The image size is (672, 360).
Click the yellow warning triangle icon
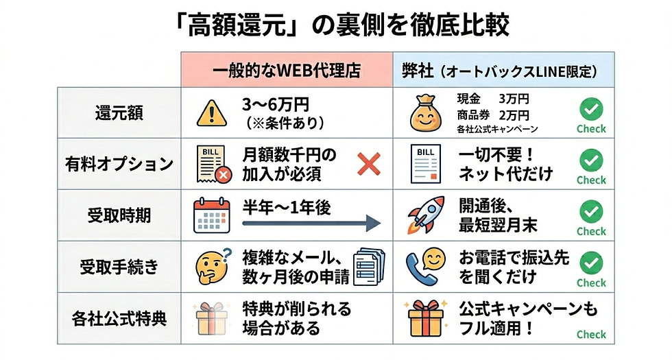click(x=212, y=113)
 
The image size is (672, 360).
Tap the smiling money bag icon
click(x=425, y=113)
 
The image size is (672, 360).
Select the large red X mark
click(x=369, y=164)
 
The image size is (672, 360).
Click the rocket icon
click(x=426, y=215)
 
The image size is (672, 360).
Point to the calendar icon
click(x=211, y=215)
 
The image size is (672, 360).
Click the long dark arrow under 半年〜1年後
click(x=311, y=224)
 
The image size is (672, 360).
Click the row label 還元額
click(x=119, y=113)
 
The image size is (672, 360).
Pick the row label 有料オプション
click(x=119, y=164)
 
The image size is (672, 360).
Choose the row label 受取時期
click(x=119, y=215)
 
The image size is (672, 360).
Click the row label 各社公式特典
click(x=119, y=318)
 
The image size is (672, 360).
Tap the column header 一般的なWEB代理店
click(x=287, y=70)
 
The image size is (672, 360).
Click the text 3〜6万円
click(x=275, y=104)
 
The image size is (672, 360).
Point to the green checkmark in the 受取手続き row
click(x=591, y=263)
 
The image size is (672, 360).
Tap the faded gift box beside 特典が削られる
click(x=211, y=319)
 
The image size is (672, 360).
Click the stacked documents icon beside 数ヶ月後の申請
click(x=369, y=267)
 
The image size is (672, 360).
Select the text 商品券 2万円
click(x=493, y=115)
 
